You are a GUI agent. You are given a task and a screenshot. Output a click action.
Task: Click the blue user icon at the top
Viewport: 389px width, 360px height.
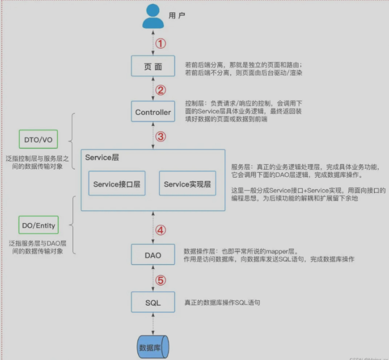tap(153, 17)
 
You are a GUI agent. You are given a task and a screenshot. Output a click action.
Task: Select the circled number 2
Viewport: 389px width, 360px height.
tap(161, 89)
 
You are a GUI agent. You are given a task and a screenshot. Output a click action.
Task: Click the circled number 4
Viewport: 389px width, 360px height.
tap(160, 231)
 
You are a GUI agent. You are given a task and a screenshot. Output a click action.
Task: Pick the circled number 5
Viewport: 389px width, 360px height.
tap(160, 279)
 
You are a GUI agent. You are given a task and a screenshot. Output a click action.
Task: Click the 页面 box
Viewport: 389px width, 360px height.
tap(153, 67)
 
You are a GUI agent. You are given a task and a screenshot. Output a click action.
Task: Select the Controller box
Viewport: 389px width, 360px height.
tap(153, 112)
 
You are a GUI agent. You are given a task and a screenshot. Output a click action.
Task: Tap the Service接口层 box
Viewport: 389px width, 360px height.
tap(117, 184)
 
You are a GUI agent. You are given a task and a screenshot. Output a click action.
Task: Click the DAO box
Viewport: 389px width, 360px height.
tap(153, 255)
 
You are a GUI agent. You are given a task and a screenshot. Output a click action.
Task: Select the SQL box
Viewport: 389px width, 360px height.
tap(153, 302)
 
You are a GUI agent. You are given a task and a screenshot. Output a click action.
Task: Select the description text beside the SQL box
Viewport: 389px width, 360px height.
tap(222, 302)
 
